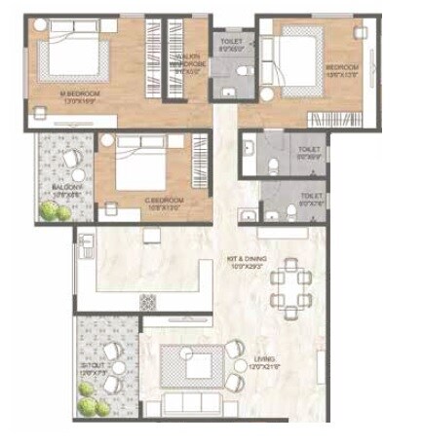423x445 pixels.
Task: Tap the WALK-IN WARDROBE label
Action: click(x=187, y=65)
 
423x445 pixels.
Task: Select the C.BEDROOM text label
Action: click(x=163, y=200)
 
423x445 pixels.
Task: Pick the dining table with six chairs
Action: click(x=291, y=288)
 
